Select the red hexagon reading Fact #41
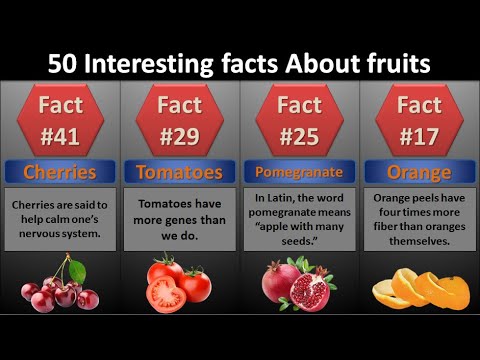(x=59, y=117)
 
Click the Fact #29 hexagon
(x=179, y=117)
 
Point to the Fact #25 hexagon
(x=299, y=117)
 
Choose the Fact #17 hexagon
(x=419, y=117)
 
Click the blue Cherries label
(x=59, y=171)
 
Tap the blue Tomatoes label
(x=179, y=171)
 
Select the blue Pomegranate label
(x=299, y=171)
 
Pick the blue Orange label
(x=419, y=171)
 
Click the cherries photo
(x=59, y=286)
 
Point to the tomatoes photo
(x=179, y=284)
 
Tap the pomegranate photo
(x=298, y=284)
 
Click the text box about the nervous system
(x=59, y=219)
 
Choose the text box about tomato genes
(x=179, y=219)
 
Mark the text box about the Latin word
(x=299, y=219)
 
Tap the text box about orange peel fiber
(x=419, y=219)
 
